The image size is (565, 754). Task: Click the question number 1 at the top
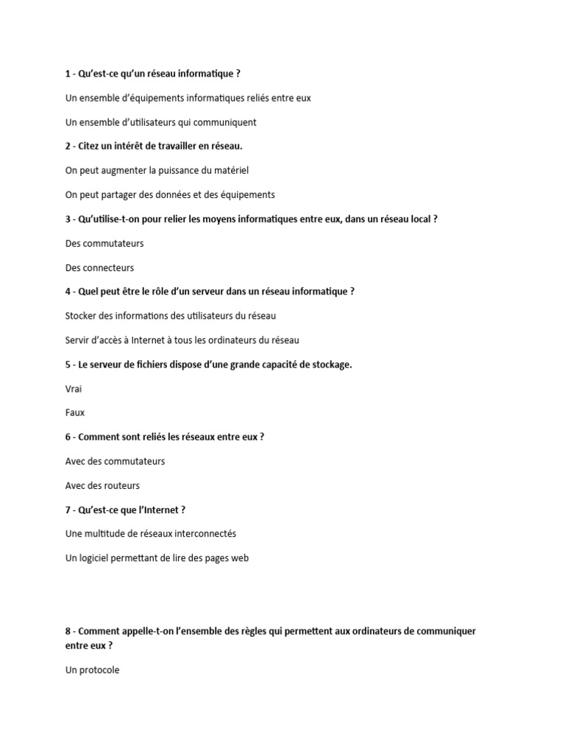[x=68, y=74]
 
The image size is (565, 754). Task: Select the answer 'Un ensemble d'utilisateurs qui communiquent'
[x=160, y=122]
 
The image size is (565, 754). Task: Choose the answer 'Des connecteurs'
[x=99, y=268]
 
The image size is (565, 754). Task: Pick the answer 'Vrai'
[x=74, y=389]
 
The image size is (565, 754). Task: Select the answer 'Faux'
[x=75, y=413]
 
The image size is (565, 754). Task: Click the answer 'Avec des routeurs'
[x=102, y=486]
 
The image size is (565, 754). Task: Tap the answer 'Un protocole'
[x=92, y=671]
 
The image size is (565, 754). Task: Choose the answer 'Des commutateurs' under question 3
[x=104, y=243]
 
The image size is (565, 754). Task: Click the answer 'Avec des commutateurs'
[x=115, y=462]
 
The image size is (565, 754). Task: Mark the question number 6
[x=68, y=437]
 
